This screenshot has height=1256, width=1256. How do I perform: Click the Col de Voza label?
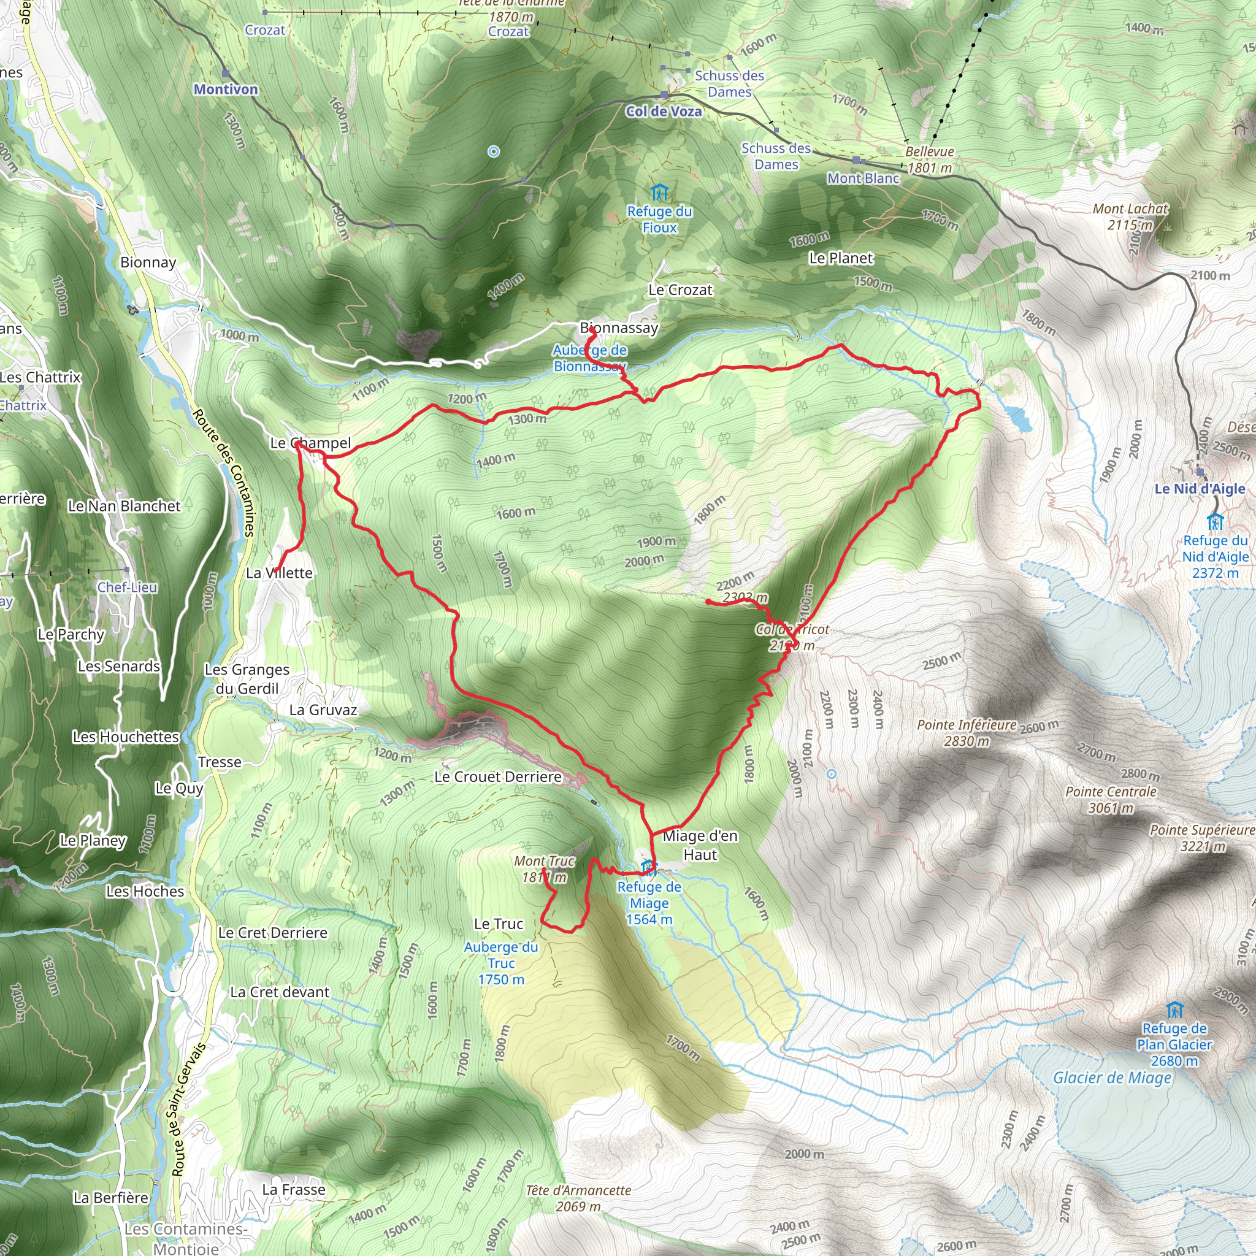click(x=663, y=111)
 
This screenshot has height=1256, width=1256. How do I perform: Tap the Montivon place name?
click(x=226, y=89)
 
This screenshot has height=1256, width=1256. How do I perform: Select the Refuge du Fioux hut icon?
click(x=659, y=193)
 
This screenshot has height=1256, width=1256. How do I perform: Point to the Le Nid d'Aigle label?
click(x=1200, y=488)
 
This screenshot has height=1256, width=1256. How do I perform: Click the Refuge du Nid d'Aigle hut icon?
click(x=1214, y=521)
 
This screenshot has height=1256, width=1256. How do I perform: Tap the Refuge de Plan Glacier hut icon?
click(x=1174, y=1010)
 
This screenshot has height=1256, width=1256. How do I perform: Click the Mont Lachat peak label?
click(x=1130, y=216)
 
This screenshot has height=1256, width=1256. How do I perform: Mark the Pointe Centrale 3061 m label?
click(x=1111, y=800)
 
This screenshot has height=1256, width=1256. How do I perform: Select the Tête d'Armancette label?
click(x=578, y=1198)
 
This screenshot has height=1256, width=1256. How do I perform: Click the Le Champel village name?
click(x=310, y=443)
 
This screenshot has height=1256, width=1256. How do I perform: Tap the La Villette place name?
click(x=279, y=573)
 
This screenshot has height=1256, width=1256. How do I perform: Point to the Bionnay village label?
click(x=148, y=262)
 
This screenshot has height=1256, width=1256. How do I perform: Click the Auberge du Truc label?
click(x=500, y=963)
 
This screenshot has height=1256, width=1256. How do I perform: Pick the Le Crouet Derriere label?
click(x=497, y=777)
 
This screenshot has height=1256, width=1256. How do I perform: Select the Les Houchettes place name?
click(x=126, y=737)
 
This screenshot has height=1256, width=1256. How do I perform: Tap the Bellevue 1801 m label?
click(x=930, y=159)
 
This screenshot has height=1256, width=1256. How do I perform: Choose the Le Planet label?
click(x=841, y=258)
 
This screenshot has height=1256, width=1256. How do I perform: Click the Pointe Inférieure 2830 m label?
click(x=966, y=733)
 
